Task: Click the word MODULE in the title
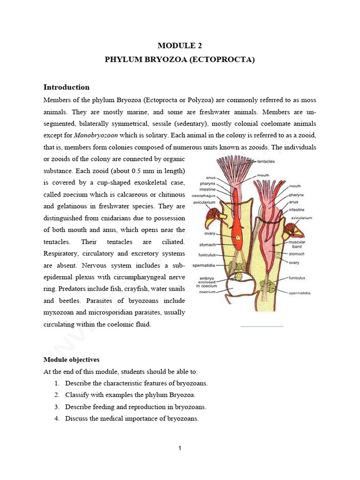point(172,45)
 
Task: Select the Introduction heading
point(66,87)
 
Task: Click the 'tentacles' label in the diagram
point(266,161)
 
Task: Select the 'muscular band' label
point(298,244)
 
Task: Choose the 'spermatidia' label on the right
point(300,292)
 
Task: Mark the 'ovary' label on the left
point(209,233)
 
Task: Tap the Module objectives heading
point(71,360)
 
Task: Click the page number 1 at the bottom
point(180,448)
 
